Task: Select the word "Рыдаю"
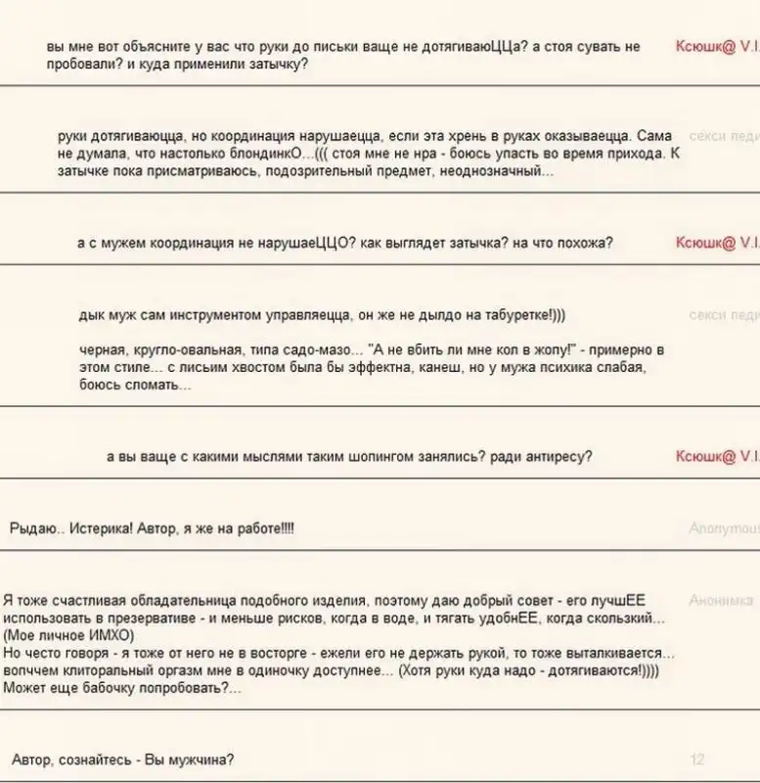(x=28, y=529)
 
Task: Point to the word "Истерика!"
(x=99, y=529)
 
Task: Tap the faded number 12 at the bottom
(x=697, y=760)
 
